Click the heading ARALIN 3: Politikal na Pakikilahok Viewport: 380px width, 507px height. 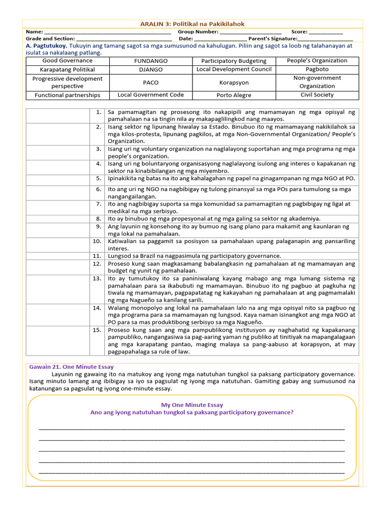[x=192, y=24]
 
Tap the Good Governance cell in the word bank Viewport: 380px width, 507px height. [x=67, y=61]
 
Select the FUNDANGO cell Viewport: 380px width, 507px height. [x=151, y=61]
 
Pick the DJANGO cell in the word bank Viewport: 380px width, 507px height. [x=151, y=70]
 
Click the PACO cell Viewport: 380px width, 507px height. [x=151, y=83]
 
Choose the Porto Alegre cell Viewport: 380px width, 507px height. [x=234, y=95]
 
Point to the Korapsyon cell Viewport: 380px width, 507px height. [x=234, y=83]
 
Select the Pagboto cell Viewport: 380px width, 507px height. [x=317, y=70]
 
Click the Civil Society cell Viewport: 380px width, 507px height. [x=317, y=95]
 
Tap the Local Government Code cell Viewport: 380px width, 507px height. [x=151, y=95]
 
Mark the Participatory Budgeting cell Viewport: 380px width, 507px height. [x=234, y=61]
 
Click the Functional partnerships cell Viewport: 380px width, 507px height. [x=67, y=95]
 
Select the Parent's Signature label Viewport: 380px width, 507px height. [x=272, y=39]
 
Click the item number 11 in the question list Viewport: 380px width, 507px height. [x=97, y=256]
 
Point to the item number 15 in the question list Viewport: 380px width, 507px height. [x=97, y=330]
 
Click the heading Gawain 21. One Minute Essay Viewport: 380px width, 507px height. [x=71, y=367]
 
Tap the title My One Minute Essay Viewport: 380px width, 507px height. [x=192, y=405]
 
